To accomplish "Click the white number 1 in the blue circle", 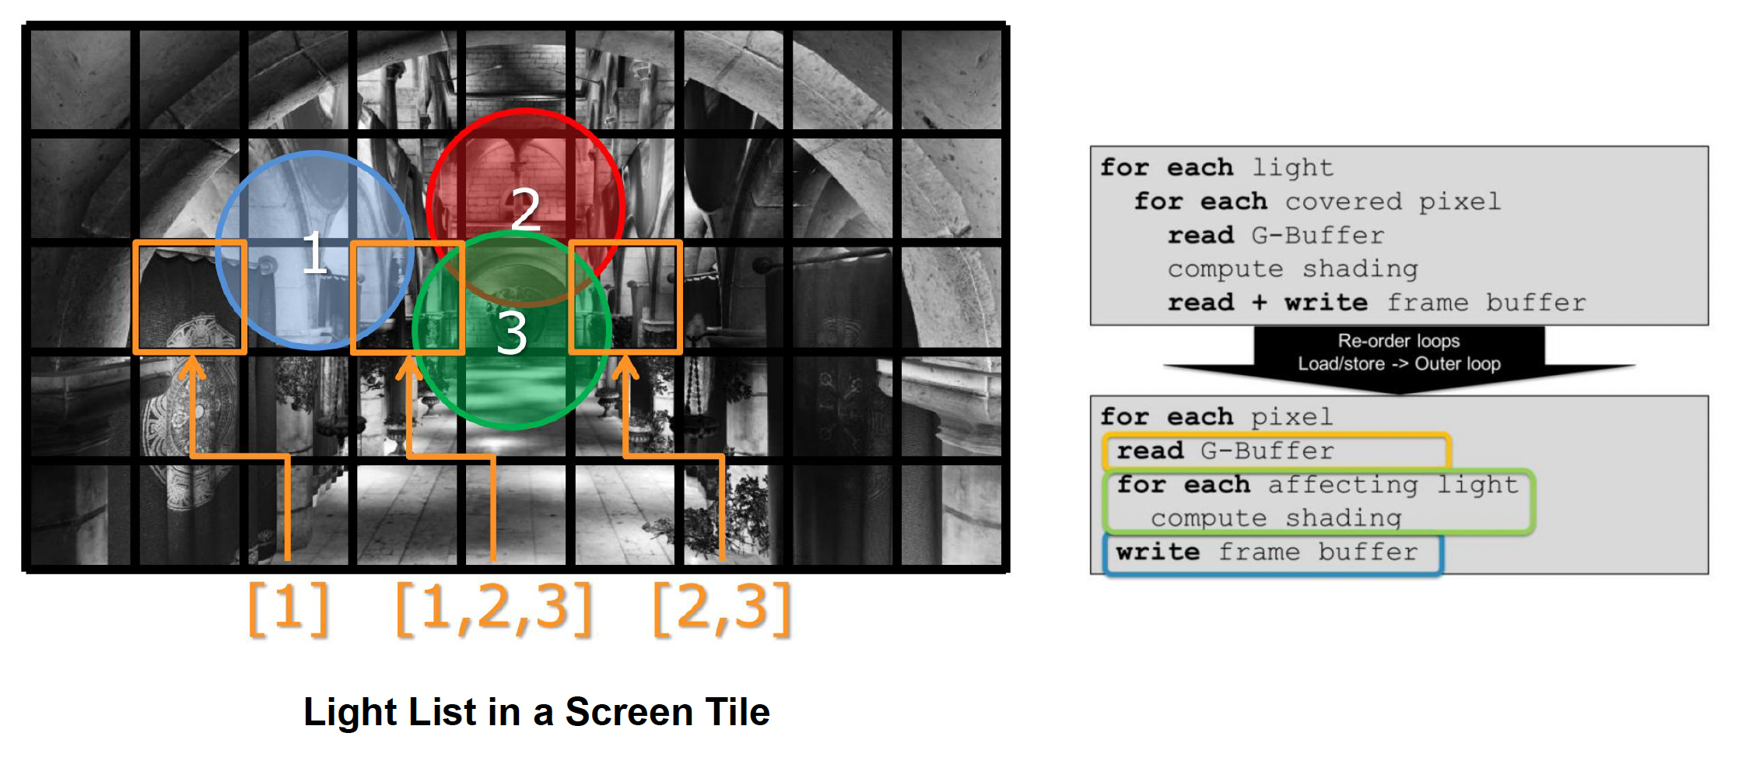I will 314,251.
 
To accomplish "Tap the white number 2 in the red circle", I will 526,209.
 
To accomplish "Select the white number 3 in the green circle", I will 512,334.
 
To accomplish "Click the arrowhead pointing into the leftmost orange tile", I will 191,367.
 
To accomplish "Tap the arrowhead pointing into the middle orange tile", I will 409,367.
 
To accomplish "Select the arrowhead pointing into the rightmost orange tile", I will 625,367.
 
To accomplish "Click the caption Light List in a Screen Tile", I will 537,711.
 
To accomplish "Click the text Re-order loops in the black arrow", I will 1399,341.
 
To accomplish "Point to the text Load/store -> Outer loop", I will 1399,363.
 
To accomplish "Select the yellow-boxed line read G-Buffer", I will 1225,451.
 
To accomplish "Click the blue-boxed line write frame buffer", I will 1267,552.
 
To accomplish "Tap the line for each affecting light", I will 1317,485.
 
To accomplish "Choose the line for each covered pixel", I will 1317,202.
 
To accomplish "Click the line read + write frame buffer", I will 1376,303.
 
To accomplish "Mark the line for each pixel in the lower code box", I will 1217,417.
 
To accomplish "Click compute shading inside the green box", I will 1276,518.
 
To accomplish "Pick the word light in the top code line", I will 1293,168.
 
